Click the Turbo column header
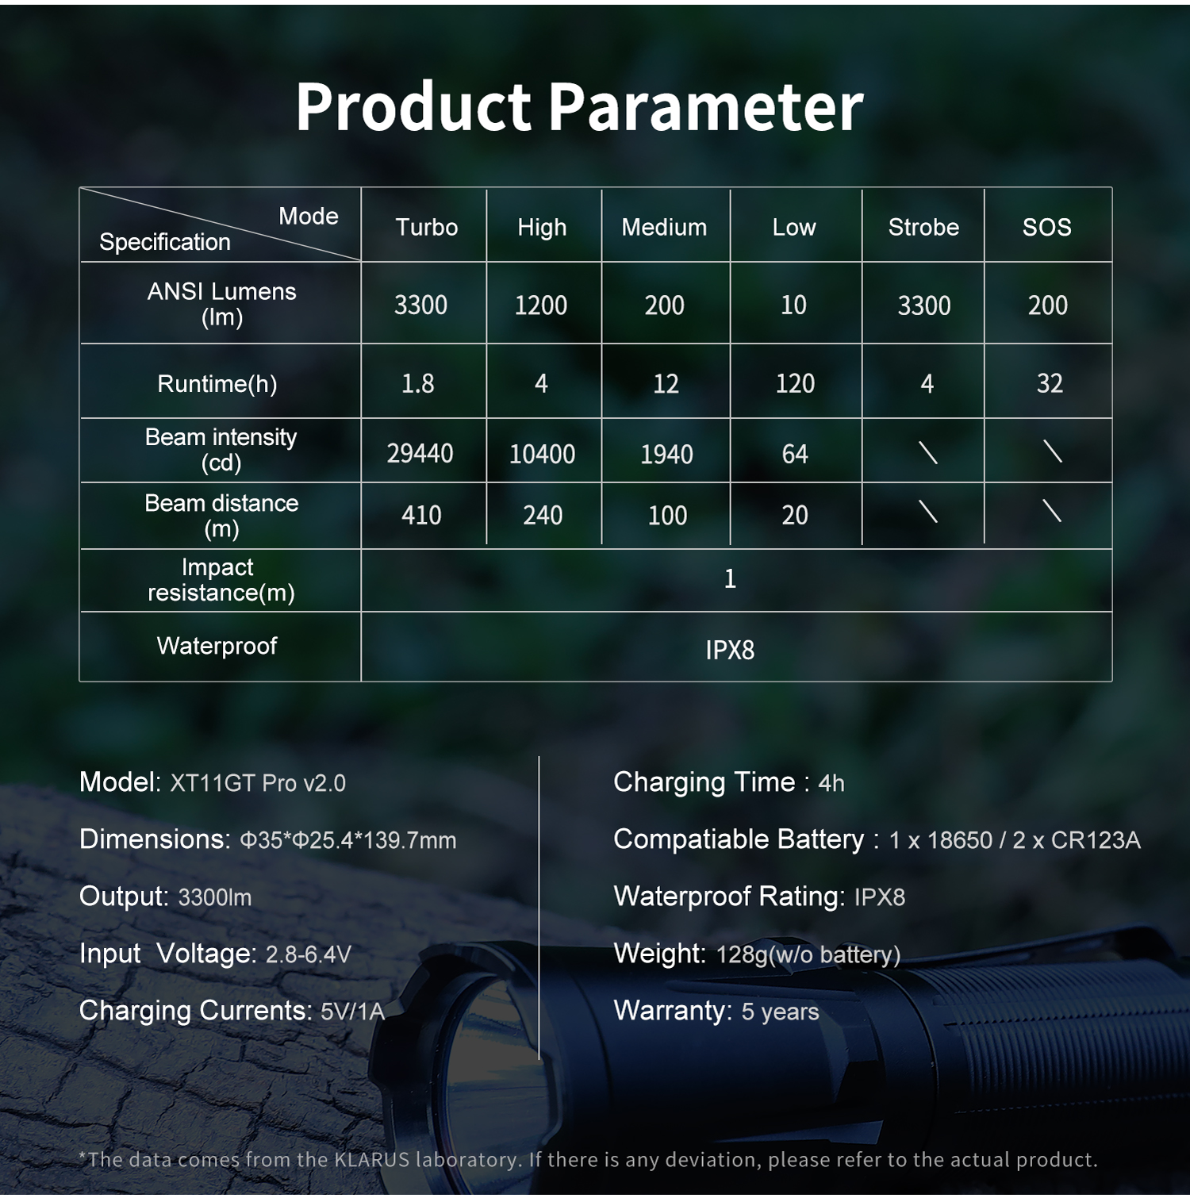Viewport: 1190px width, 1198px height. coord(427,228)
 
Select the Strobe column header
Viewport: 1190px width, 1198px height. coord(923,228)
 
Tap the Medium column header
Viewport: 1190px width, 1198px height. coord(664,228)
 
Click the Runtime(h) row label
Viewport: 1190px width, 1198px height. coord(217,384)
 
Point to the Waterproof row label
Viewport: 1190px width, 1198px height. coord(217,646)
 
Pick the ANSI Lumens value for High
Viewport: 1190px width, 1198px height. coord(541,305)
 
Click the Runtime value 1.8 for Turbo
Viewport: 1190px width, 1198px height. coord(418,384)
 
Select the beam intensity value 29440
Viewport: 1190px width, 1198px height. coord(420,454)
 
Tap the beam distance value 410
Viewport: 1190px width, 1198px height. coord(421,516)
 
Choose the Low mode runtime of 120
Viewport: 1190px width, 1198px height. coord(795,384)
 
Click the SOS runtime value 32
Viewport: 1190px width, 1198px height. coord(1050,384)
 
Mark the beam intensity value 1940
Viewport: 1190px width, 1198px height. coord(667,455)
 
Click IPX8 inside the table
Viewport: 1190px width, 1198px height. coord(730,651)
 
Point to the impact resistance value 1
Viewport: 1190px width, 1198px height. coord(731,578)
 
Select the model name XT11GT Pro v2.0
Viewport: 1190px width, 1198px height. coord(258,784)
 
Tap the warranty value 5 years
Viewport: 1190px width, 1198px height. coord(780,1012)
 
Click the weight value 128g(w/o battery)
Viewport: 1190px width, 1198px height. coord(808,954)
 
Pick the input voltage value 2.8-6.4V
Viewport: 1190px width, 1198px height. coord(308,954)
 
